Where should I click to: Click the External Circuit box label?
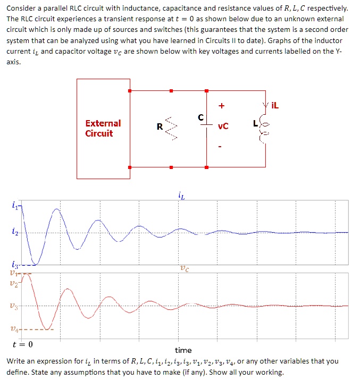(103, 128)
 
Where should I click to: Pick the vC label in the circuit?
(223, 126)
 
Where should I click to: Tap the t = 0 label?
(22, 344)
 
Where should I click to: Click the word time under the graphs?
(183, 350)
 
